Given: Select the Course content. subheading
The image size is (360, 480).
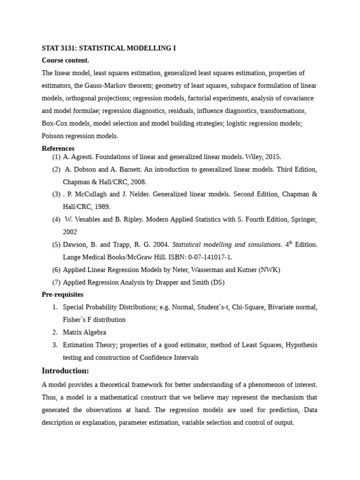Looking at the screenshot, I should [65, 60].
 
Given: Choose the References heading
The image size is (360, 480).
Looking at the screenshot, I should [58, 149].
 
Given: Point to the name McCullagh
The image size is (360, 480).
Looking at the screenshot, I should [91, 194].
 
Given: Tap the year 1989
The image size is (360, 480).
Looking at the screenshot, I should [103, 207].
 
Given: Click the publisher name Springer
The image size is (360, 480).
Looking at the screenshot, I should [303, 219].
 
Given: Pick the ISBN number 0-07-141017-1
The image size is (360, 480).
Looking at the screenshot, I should [207, 257].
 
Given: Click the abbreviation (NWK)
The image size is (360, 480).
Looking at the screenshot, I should [269, 270].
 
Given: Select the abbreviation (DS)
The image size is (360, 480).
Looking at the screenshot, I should [217, 282].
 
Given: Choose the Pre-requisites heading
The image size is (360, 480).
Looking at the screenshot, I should [62, 294].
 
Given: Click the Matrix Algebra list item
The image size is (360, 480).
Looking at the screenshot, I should [84, 332].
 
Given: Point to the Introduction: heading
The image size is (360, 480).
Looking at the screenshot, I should [65, 371].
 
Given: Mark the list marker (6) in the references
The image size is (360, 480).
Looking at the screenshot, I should [56, 270].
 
